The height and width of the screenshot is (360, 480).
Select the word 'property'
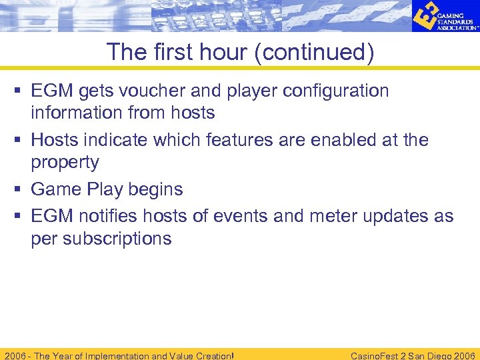[x=65, y=163]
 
